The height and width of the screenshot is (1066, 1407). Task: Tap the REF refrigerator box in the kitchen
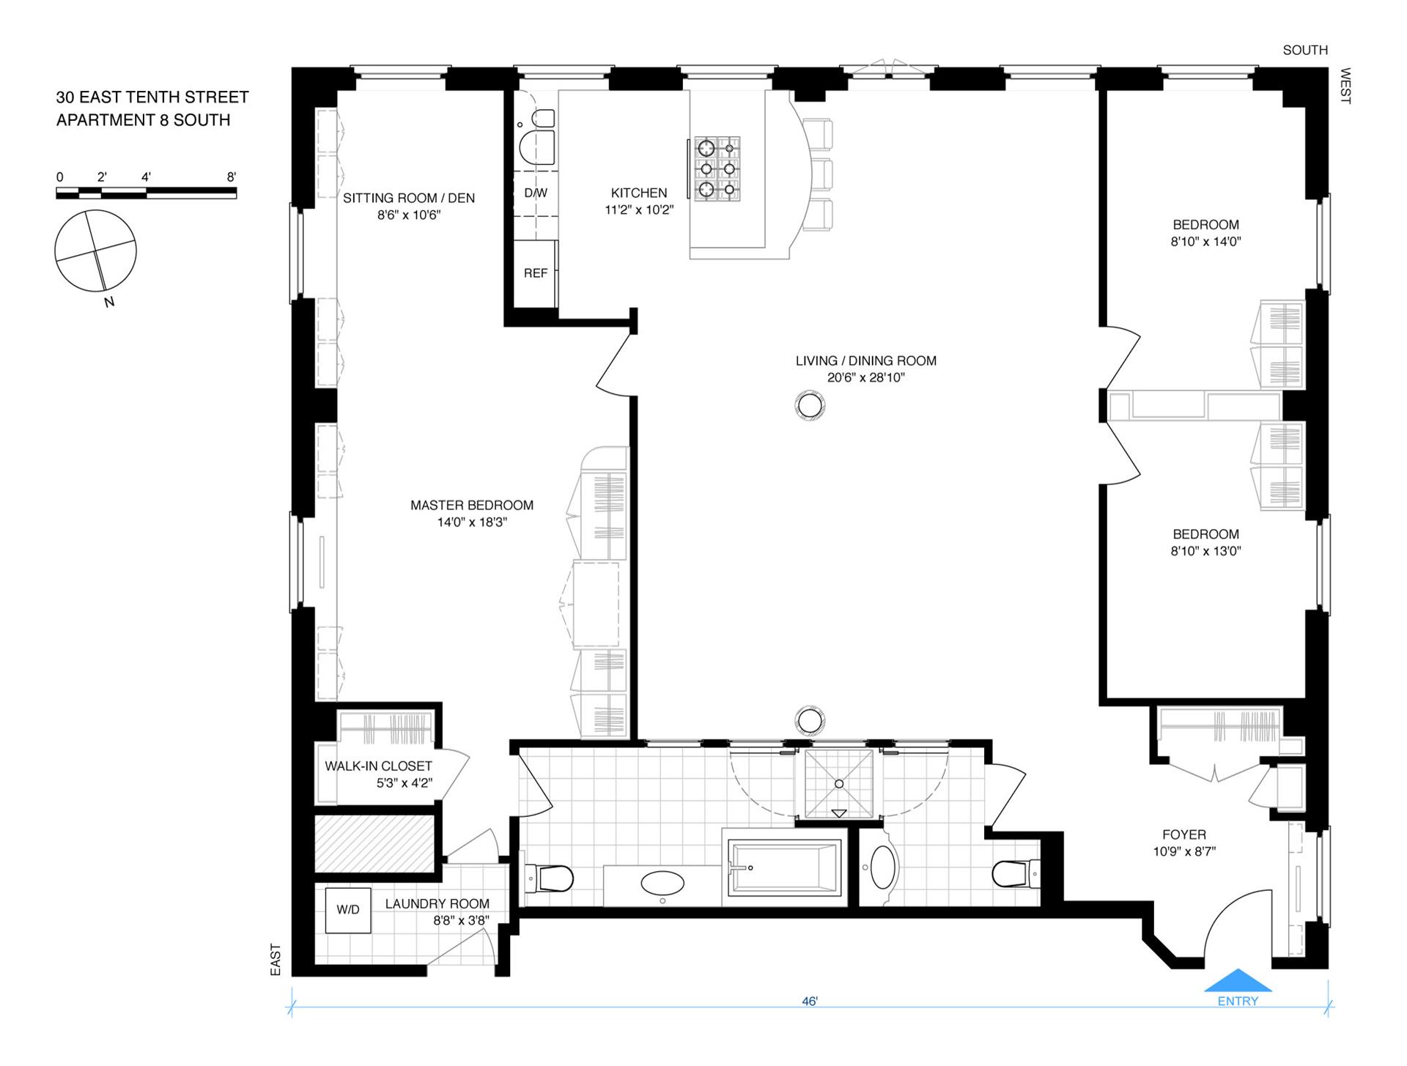click(535, 273)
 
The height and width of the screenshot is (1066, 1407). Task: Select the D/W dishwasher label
click(536, 193)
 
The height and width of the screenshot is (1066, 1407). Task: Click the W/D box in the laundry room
click(348, 910)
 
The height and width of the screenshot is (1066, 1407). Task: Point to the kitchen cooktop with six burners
click(717, 169)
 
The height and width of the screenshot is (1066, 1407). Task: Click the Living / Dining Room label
click(866, 360)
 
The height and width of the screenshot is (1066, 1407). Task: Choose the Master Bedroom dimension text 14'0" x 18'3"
click(472, 522)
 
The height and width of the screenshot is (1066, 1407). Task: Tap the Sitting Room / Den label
click(409, 198)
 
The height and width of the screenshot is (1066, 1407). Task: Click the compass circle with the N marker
click(95, 251)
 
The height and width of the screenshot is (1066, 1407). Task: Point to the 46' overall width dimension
click(809, 1001)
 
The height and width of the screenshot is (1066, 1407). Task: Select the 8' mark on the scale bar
click(232, 177)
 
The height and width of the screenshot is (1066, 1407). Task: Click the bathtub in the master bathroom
click(784, 868)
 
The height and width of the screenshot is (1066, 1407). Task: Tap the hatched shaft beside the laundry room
click(375, 843)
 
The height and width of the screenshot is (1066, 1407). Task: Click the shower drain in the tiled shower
click(839, 784)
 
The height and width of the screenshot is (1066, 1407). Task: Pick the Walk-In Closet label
click(378, 766)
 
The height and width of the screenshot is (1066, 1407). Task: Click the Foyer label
click(1183, 834)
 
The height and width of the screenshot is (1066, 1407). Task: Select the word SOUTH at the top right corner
click(1305, 50)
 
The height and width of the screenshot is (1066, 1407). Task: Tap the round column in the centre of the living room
click(810, 405)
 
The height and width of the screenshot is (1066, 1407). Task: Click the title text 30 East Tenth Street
click(152, 97)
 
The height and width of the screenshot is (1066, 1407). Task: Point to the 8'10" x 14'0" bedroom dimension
click(1205, 242)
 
